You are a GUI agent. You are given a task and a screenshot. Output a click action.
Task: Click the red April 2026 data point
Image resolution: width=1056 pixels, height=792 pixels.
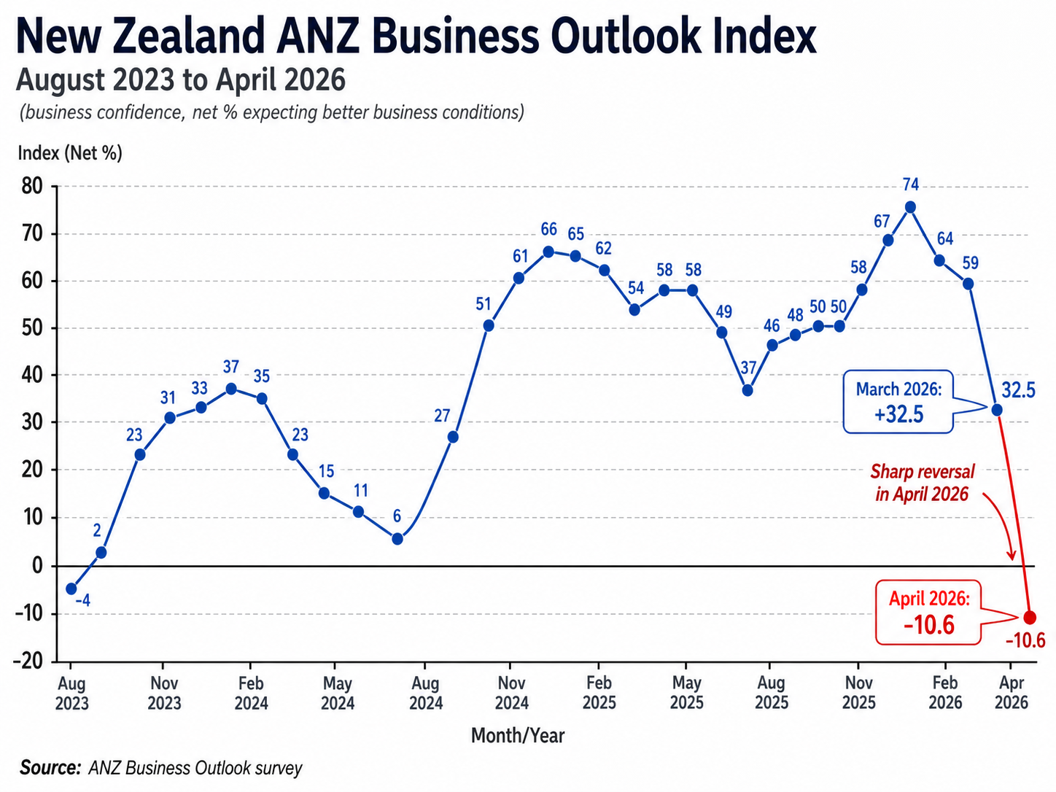(1030, 617)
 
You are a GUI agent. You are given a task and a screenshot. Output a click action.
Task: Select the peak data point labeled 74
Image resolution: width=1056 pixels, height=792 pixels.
(909, 207)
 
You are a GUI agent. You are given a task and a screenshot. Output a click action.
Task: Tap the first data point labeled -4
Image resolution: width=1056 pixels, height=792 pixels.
(71, 589)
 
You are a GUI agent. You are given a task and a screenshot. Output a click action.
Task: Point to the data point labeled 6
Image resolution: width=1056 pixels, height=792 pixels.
(397, 539)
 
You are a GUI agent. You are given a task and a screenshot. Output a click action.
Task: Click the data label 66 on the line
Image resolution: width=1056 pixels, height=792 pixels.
(548, 230)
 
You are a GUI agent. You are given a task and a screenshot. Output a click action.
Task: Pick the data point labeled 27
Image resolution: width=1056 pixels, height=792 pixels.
(452, 437)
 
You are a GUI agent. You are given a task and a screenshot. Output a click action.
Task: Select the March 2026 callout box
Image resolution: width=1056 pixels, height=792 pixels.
(898, 402)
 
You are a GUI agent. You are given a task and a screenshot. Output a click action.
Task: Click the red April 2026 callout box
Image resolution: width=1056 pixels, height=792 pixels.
(928, 613)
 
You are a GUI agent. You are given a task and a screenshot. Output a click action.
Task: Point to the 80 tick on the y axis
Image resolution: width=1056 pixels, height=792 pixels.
(32, 187)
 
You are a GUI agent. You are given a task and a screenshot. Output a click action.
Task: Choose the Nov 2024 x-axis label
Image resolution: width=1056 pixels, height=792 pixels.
(511, 693)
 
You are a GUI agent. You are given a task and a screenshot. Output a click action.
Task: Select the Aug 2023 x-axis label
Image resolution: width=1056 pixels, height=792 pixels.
(71, 694)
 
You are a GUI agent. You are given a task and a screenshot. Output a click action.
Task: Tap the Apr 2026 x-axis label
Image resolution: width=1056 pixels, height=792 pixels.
(1012, 693)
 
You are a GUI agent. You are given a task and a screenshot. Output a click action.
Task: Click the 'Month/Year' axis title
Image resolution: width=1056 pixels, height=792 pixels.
(518, 735)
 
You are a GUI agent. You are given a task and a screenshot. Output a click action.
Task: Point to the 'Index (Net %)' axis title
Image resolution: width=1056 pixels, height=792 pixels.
(70, 153)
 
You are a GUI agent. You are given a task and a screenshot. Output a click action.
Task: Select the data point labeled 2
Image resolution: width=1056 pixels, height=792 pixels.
(101, 552)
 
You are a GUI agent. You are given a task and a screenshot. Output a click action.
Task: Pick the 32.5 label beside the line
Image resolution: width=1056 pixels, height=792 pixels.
(1018, 390)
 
